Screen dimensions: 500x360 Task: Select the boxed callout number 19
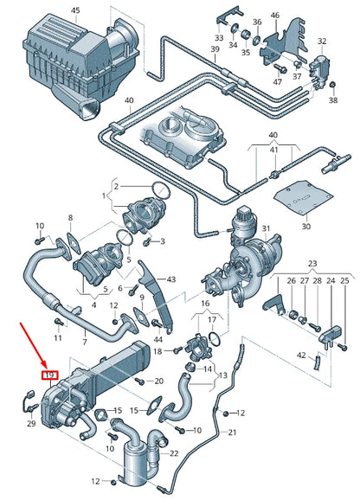[49, 375]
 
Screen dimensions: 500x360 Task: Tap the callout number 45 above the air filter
[74, 10]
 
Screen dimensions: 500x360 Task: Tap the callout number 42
[300, 356]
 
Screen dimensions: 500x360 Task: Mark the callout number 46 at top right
[275, 16]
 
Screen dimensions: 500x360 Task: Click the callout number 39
[214, 50]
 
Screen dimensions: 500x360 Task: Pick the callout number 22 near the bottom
[174, 454]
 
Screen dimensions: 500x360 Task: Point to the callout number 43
[170, 279]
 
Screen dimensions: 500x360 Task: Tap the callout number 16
[205, 304]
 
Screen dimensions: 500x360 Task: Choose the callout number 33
[218, 38]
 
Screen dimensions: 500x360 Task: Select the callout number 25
[344, 281]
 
